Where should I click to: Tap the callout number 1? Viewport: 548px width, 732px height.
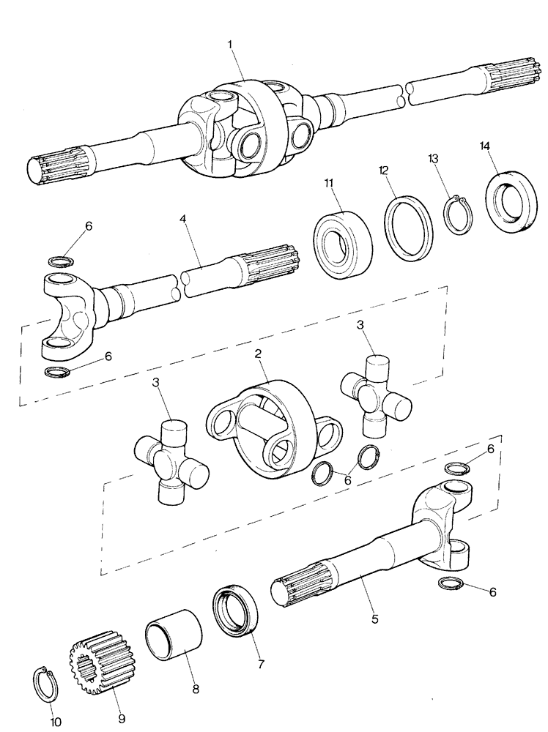[231, 45]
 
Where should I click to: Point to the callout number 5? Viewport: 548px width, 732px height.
[374, 619]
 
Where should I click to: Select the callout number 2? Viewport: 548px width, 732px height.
[259, 354]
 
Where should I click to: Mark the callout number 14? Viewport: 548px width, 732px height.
[484, 146]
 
